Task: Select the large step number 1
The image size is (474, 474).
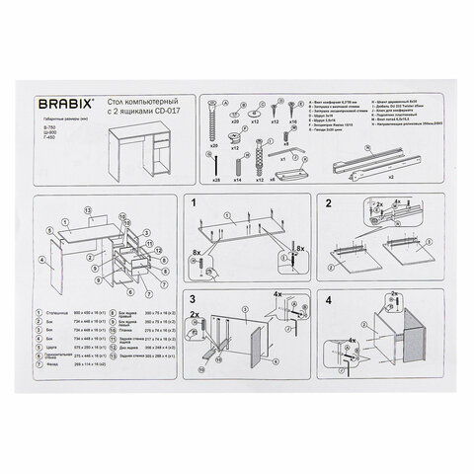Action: (195, 204)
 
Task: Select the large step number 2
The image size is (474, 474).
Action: (326, 204)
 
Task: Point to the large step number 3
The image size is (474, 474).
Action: (195, 298)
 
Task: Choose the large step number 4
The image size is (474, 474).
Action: (326, 298)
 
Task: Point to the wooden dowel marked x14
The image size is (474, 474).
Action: (236, 160)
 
